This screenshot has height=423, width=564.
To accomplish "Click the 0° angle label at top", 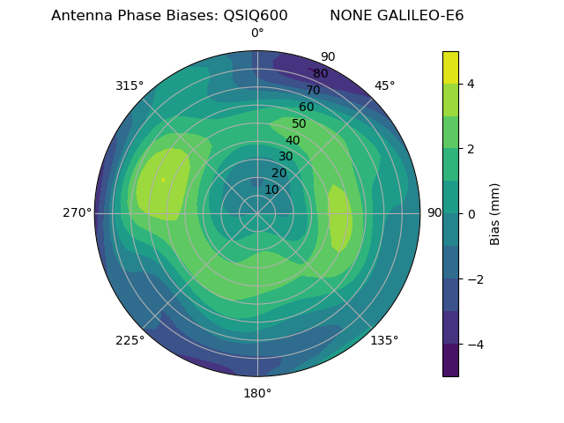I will tap(257, 33).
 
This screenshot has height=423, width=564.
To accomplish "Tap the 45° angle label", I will tap(384, 85).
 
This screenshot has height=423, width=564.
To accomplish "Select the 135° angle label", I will tap(384, 340).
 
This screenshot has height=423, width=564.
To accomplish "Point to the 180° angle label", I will tap(257, 393).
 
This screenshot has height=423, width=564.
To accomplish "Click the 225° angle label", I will tap(130, 340).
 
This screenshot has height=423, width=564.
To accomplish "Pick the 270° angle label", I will tap(77, 212).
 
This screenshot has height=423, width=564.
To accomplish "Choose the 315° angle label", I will tap(130, 85).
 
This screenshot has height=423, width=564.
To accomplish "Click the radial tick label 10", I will tap(272, 189).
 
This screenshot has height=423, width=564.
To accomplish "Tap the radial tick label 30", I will tap(286, 156).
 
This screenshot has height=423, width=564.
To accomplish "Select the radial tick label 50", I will tap(299, 123).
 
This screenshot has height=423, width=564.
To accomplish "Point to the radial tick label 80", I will tap(320, 73).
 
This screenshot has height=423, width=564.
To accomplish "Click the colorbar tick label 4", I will tap(471, 84).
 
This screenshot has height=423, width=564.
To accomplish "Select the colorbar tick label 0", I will tap(471, 213).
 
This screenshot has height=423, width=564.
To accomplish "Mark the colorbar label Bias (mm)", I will tap(495, 213).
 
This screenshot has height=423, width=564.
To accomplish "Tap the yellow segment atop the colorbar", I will tap(450, 67).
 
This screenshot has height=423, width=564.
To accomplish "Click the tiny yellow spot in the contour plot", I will tap(163, 180).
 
